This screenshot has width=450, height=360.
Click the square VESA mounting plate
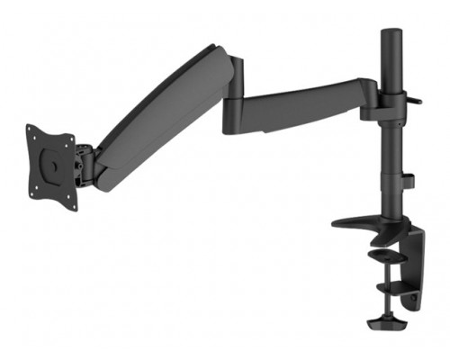50,166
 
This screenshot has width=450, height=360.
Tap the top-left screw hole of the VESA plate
31,133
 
